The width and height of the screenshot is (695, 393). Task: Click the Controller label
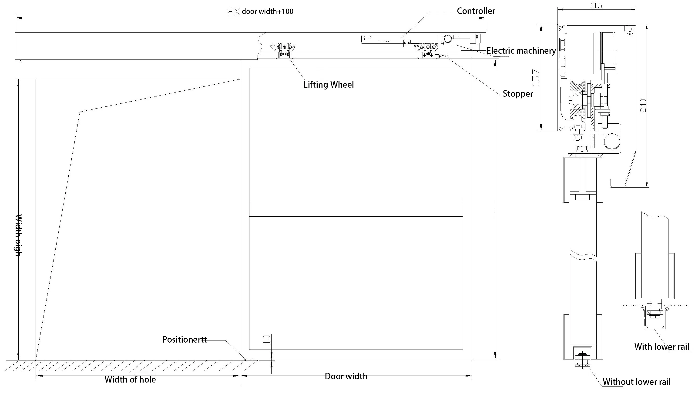476,11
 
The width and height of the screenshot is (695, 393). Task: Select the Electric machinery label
521,51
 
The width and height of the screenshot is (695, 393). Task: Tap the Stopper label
517,94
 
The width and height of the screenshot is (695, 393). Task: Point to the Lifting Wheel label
328,85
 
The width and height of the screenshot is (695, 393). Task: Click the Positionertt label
184,340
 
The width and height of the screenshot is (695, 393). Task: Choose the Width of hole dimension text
130,380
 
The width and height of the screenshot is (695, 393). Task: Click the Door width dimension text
346,376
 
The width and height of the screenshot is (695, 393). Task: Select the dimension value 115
596,6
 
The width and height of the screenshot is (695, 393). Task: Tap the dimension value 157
536,78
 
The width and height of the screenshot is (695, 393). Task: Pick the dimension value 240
643,106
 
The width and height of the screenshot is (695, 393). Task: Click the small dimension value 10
267,340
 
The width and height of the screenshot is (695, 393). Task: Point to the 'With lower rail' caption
661,347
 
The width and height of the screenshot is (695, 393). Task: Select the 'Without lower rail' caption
636,382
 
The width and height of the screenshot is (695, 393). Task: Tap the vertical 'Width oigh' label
18,235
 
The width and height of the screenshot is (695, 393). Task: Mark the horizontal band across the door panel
356,209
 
